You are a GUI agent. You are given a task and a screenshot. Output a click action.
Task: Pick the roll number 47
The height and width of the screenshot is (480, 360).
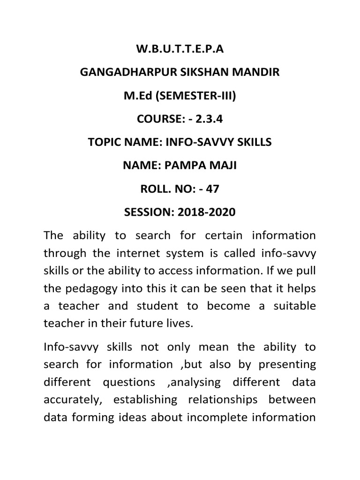tap(212, 188)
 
